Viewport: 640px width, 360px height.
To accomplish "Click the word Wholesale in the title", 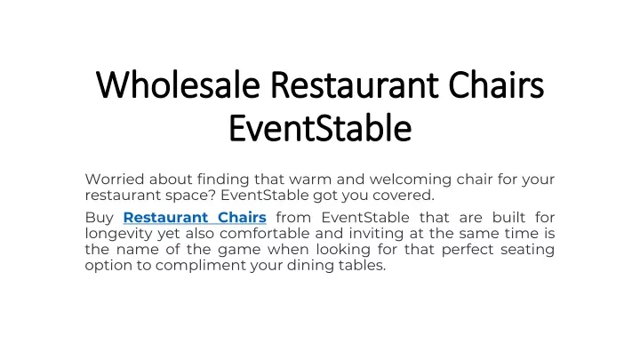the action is [x=178, y=85].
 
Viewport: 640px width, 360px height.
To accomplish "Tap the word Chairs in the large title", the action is [x=496, y=85].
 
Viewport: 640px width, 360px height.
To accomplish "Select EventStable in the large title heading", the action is [x=320, y=128].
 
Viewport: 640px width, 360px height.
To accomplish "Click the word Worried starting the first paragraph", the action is [x=115, y=180].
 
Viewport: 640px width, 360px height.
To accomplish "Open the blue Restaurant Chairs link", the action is [x=195, y=217].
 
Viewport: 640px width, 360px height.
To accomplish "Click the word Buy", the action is [x=100, y=218].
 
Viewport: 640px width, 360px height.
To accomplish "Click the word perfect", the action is [x=468, y=250].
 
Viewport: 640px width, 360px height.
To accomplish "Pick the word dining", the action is [x=310, y=266].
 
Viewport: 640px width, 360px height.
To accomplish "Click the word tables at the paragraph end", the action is [x=362, y=265].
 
